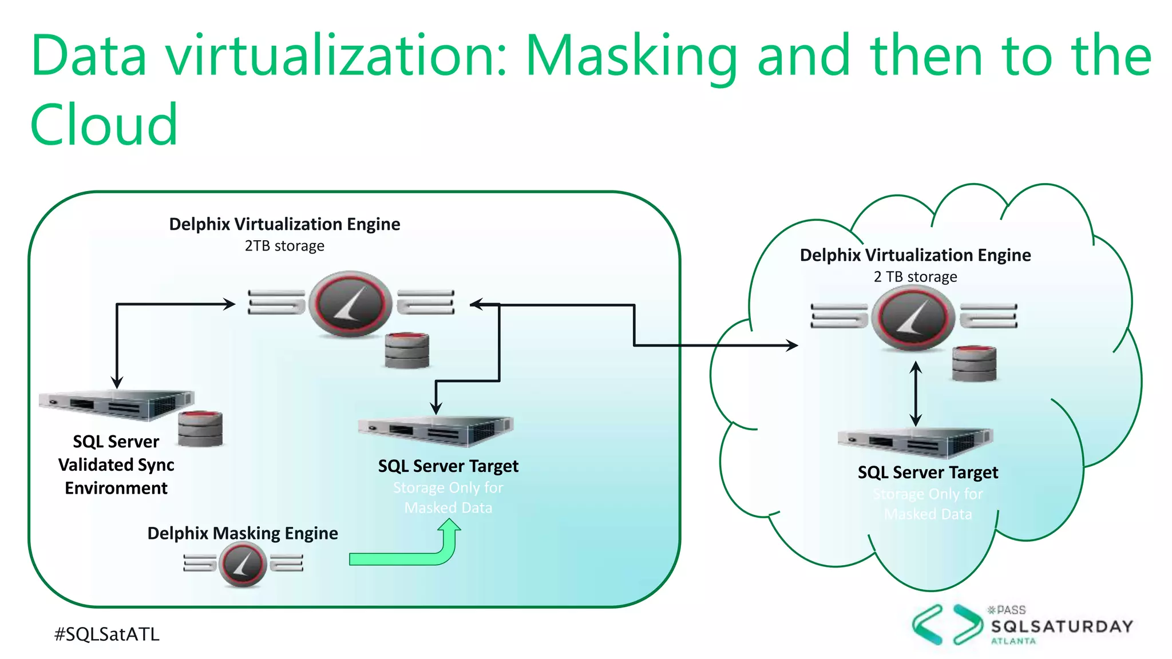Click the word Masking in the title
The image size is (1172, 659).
click(631, 56)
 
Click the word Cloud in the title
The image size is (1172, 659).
click(104, 125)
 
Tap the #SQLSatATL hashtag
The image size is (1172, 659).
click(106, 634)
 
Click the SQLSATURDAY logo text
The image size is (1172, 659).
click(1062, 626)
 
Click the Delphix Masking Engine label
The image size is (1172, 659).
click(243, 533)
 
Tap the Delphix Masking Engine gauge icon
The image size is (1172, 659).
click(243, 565)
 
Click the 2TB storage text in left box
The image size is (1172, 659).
click(284, 246)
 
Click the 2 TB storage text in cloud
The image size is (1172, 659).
click(915, 277)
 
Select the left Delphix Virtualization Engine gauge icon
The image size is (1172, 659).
click(350, 303)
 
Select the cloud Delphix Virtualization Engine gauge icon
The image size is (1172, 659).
click(913, 317)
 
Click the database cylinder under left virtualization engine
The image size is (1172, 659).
click(407, 350)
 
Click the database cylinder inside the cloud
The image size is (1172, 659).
click(974, 363)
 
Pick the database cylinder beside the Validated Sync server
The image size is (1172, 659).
click(200, 429)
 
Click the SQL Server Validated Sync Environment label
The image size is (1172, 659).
click(116, 465)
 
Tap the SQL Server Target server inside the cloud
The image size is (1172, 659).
click(914, 443)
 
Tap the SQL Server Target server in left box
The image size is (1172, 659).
click(435, 431)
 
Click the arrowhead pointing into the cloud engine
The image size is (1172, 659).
click(792, 345)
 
